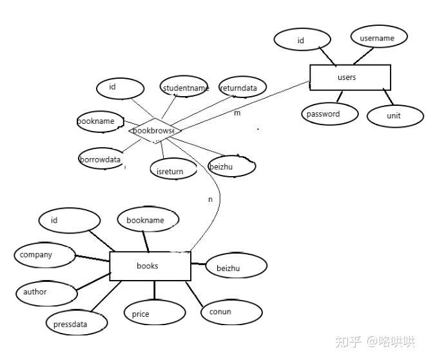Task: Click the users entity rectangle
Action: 350,77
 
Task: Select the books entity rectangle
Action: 150,266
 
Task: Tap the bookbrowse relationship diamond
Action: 154,130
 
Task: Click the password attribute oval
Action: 329,114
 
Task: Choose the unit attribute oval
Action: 394,116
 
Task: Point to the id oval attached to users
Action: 302,40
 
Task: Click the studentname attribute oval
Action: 186,87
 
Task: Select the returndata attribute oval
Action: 239,87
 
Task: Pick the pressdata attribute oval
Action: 76,323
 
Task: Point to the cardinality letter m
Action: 237,113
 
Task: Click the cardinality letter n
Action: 210,199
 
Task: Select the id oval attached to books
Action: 69,220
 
